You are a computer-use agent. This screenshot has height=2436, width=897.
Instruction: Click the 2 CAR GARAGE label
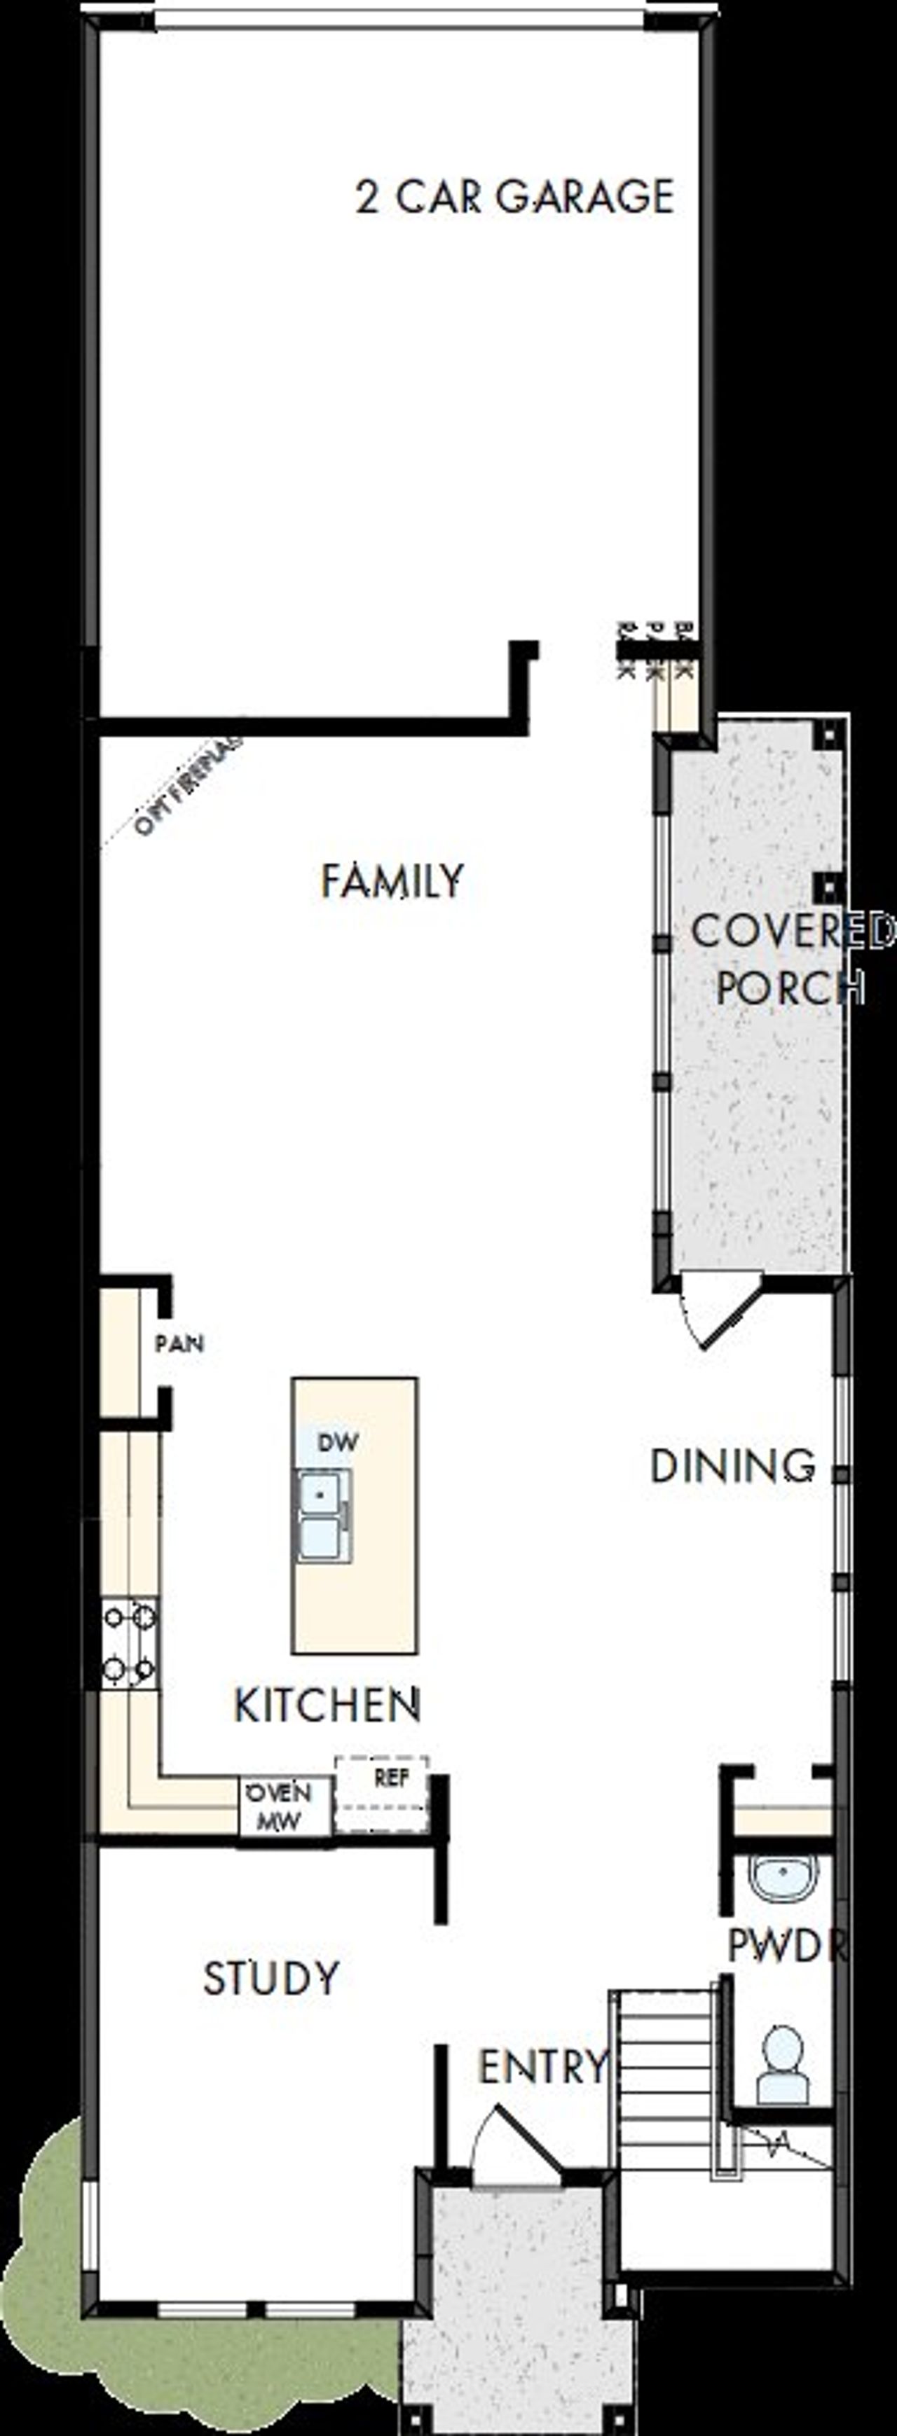tap(514, 197)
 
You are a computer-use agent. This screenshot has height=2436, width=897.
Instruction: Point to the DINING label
tap(732, 1467)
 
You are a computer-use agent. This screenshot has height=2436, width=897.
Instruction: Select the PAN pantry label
tap(179, 1344)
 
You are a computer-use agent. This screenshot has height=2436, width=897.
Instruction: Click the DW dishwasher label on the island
tap(338, 1442)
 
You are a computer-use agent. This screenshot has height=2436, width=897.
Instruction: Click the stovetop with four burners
tap(130, 1642)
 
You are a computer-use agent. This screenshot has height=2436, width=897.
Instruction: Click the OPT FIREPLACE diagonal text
tap(187, 786)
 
